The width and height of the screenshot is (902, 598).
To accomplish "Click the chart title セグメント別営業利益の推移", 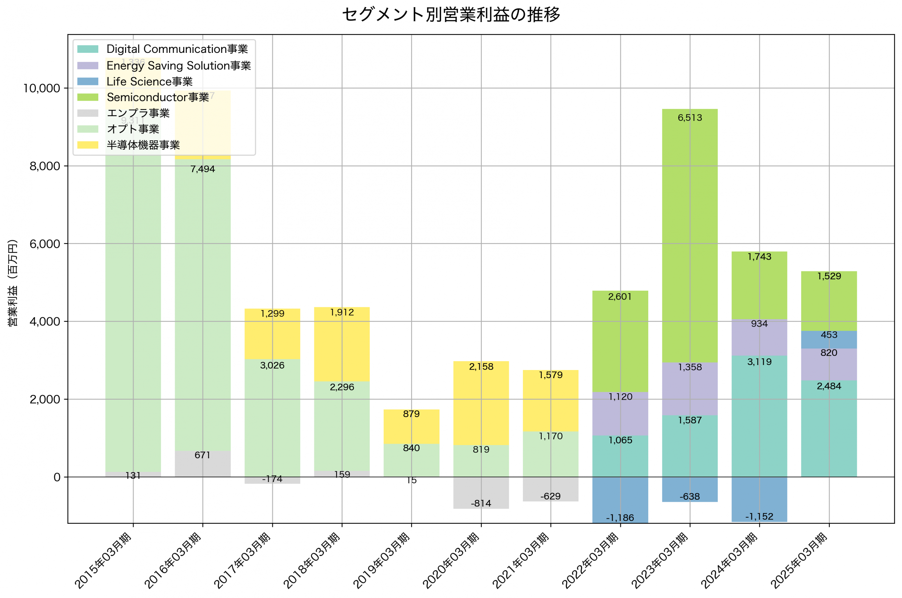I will coord(451,14).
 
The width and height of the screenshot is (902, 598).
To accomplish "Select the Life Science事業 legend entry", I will coord(149,82).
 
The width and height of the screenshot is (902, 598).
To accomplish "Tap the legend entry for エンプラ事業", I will coord(138,113).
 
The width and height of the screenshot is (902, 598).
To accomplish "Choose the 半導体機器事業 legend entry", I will coord(143,145).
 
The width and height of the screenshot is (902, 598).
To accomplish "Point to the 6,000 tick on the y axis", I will coord(45,244).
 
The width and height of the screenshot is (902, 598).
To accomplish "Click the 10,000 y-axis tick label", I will coord(42,88).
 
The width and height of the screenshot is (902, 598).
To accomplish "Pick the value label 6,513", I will coord(690,118).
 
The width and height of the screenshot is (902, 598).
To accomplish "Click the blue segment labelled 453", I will coord(829,340).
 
